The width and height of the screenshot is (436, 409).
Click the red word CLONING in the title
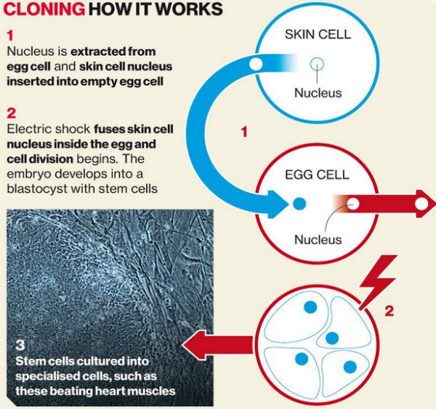tap(44, 9)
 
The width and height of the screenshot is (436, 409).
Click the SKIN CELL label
tap(318, 34)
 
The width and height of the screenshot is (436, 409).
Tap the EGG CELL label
tap(317, 174)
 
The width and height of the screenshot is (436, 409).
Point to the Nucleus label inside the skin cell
tap(318, 93)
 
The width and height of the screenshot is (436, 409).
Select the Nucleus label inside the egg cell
tap(318, 240)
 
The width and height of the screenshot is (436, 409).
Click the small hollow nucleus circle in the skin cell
tap(317, 65)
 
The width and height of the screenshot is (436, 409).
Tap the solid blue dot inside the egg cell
tap(299, 204)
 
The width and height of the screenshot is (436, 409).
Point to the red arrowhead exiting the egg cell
tap(425, 204)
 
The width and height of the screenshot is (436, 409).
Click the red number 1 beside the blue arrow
tap(244, 131)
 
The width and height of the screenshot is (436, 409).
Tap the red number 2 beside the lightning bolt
tap(389, 311)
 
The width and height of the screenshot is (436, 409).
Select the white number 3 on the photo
tap(20, 345)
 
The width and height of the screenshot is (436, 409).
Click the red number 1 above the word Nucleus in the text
tap(10, 36)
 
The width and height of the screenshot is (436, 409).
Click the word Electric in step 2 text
tap(29, 129)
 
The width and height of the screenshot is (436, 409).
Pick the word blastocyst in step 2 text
tap(37, 189)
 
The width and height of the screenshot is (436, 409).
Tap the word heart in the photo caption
tap(108, 392)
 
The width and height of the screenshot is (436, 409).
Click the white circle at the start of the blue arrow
tap(256, 64)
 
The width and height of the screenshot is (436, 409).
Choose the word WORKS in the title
tap(188, 9)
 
